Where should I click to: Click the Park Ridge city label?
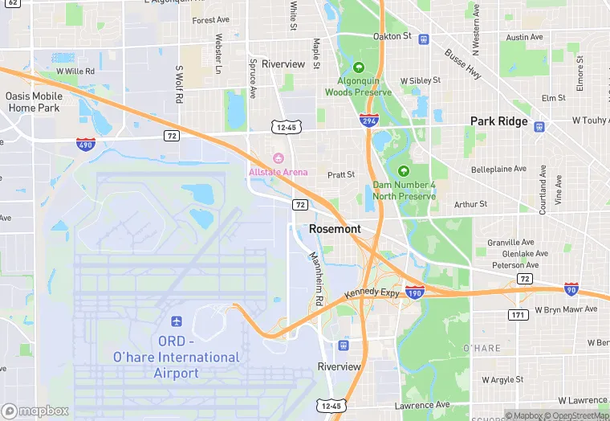tap(498, 121)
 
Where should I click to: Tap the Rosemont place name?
tap(335, 229)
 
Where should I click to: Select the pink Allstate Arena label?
tap(278, 172)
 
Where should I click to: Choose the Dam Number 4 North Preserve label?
tap(404, 190)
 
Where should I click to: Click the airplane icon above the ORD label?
tap(176, 321)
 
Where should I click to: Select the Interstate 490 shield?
tap(87, 145)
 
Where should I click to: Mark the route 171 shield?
tap(518, 314)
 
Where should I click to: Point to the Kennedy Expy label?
tap(372, 293)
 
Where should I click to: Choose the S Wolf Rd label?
tap(179, 84)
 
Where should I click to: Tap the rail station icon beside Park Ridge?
tap(539, 126)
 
